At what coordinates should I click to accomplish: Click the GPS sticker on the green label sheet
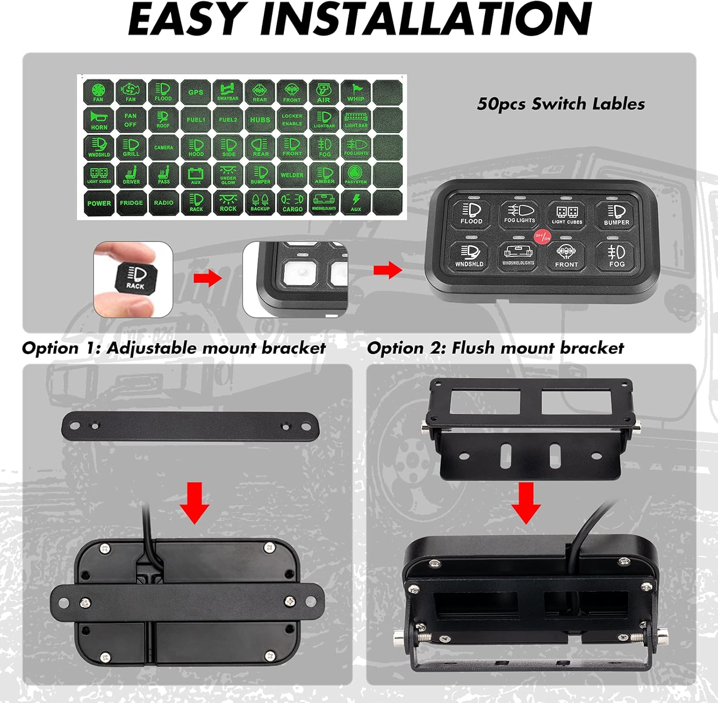195,92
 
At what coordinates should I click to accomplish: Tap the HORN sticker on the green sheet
99,120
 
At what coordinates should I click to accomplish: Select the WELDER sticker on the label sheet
292,175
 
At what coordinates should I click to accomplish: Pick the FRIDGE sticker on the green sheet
131,203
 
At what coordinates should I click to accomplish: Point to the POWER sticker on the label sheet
99,203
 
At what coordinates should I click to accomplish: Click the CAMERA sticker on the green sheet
163,147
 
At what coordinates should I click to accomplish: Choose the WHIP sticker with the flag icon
356,92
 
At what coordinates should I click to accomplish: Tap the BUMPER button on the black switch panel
617,215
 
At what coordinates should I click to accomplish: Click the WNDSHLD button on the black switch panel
469,256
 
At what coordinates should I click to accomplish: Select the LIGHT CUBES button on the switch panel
567,215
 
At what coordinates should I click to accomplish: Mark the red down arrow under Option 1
194,503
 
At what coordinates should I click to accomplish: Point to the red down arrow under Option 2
526,503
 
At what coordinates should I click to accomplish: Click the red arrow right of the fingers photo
207,278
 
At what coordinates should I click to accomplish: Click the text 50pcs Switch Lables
561,104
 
